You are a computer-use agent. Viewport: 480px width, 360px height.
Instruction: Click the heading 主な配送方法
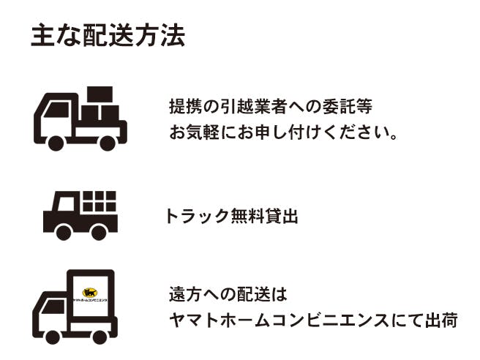108,35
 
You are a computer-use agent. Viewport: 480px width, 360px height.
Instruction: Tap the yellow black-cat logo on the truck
90,293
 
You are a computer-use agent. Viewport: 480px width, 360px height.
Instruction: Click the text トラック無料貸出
232,216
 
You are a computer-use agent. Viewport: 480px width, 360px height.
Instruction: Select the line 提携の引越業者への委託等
271,107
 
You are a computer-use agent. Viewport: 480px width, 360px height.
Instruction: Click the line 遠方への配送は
228,294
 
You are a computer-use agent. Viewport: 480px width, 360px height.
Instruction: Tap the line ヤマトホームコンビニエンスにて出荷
313,320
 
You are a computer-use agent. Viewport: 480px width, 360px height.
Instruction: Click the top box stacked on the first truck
100,94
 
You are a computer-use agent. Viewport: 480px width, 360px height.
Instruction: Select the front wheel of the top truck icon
56,143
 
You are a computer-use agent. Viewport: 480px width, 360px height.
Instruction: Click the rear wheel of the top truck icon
108,143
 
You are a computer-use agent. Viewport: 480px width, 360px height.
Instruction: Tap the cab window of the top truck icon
57,110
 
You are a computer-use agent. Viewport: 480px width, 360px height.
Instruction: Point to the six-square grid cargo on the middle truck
100,201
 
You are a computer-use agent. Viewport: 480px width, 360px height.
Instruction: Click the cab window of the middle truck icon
66,203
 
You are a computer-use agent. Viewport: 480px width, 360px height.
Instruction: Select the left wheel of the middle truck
64,233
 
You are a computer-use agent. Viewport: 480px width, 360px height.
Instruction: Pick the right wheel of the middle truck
99,233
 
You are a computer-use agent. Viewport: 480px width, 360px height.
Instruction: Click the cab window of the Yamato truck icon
54,307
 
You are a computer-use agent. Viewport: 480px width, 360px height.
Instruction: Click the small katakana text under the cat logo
90,300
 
